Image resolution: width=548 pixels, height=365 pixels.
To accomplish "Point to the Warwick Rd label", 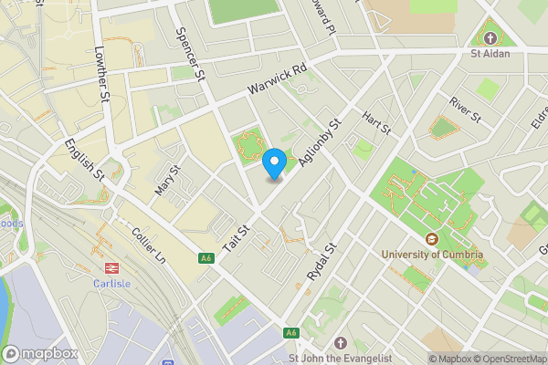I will click(x=279, y=81).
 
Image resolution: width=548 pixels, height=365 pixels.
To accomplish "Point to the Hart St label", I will click(x=375, y=121).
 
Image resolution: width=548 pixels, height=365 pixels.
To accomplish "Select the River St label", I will click(x=464, y=109).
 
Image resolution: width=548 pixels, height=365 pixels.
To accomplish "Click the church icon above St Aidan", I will click(x=490, y=37).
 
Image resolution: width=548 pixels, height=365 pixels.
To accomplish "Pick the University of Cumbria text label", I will click(x=433, y=254).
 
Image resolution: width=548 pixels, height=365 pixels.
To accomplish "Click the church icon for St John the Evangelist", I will click(x=341, y=342).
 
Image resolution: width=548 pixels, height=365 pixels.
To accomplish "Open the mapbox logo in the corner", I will click(x=41, y=354).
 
